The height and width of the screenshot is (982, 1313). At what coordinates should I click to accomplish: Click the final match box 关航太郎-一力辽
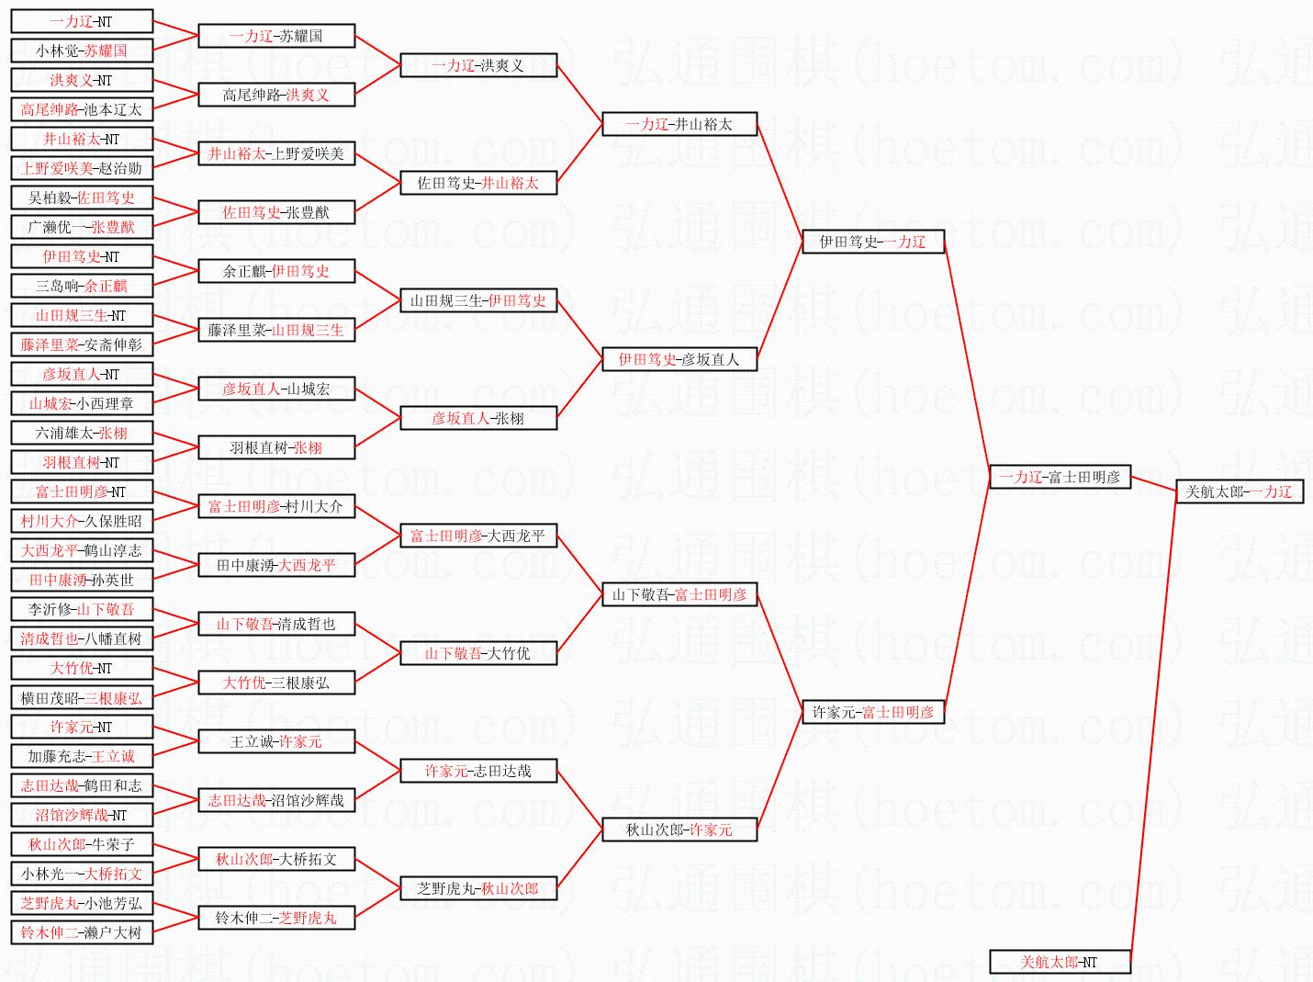(1239, 492)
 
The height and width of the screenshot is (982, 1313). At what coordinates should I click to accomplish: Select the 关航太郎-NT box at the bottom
(1059, 962)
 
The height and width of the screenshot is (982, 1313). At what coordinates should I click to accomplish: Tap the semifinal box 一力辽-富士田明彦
(1059, 477)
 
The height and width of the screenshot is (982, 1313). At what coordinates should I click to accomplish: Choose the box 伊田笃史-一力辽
(872, 242)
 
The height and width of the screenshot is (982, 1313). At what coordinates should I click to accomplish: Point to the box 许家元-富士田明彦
(872, 712)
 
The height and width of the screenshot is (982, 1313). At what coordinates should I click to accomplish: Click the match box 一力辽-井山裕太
(679, 124)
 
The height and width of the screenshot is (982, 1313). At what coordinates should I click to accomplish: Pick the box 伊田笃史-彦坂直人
(679, 359)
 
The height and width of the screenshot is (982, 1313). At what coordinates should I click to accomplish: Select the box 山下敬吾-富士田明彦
(679, 594)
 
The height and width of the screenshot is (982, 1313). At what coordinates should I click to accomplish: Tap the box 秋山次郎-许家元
(679, 830)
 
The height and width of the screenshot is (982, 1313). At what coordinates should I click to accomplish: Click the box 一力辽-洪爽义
(477, 65)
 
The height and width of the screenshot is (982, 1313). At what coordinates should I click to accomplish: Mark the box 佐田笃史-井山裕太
(477, 183)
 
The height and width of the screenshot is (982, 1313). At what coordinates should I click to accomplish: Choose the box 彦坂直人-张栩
(477, 418)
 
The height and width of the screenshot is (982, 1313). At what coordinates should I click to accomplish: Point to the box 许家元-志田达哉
(477, 771)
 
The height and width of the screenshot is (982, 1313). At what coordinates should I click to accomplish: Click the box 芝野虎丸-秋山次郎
(477, 888)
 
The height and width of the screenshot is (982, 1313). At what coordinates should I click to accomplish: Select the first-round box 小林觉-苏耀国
(82, 51)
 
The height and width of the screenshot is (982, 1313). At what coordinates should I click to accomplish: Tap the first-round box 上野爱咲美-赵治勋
(82, 168)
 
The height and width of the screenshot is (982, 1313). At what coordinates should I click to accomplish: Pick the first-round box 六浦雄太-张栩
(82, 433)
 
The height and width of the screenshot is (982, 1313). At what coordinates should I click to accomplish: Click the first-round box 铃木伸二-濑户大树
(82, 932)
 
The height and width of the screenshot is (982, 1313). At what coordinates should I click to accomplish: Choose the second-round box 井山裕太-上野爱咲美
(275, 153)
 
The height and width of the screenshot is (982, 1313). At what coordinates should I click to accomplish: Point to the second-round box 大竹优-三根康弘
(275, 683)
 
